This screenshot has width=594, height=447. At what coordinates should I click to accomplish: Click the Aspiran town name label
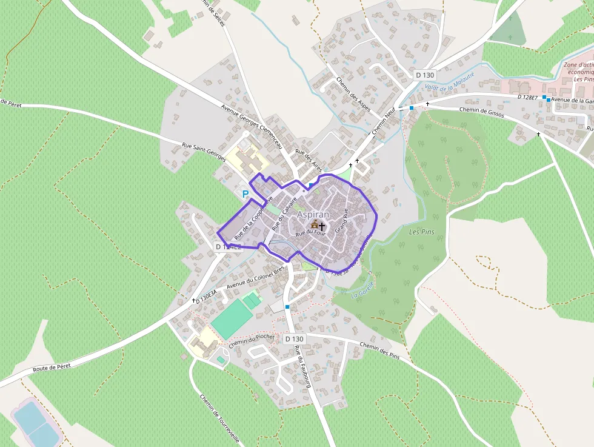click(x=313, y=215)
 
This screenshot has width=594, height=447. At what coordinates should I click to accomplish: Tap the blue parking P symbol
click(x=245, y=194)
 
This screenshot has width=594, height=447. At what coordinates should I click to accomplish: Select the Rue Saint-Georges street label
click(x=204, y=152)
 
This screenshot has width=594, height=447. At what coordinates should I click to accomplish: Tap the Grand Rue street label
click(x=341, y=222)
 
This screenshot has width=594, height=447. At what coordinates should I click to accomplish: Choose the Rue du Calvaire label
click(x=284, y=212)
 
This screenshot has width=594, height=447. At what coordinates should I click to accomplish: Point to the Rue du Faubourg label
click(x=302, y=366)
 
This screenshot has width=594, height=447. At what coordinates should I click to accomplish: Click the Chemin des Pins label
click(x=380, y=350)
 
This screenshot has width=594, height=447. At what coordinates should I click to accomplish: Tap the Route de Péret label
click(x=52, y=366)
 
